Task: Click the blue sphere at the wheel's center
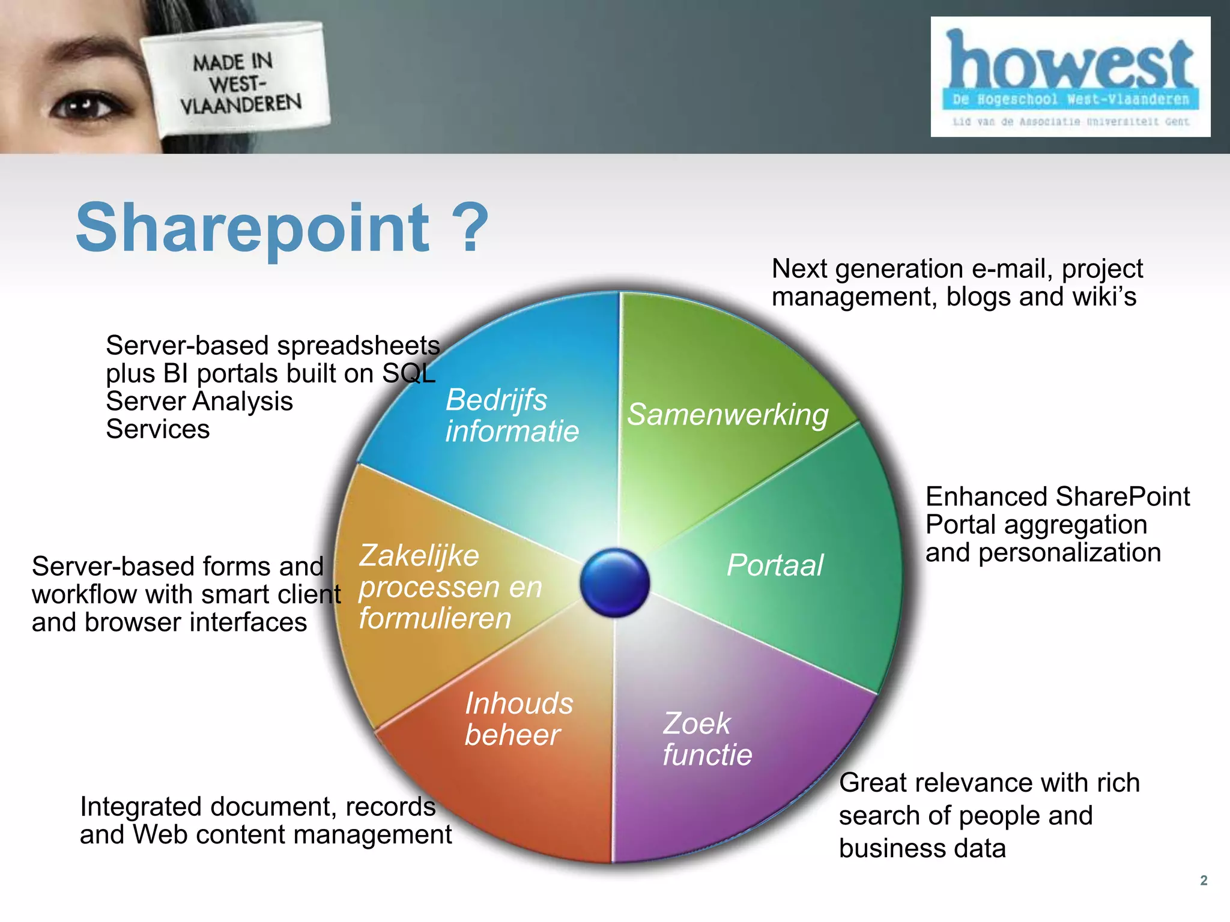(615, 582)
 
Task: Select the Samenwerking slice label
(727, 415)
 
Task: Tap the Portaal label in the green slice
(775, 565)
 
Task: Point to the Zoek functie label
(707, 739)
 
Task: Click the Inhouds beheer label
(518, 719)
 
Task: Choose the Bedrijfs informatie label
(511, 415)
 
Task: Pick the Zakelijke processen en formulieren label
(450, 586)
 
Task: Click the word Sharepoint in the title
(252, 229)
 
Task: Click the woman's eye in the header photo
(83, 106)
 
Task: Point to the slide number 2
(1204, 880)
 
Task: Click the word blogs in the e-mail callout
(979, 297)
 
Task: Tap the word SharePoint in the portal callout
(1122, 497)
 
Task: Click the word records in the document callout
(390, 807)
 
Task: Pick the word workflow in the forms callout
(84, 595)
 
